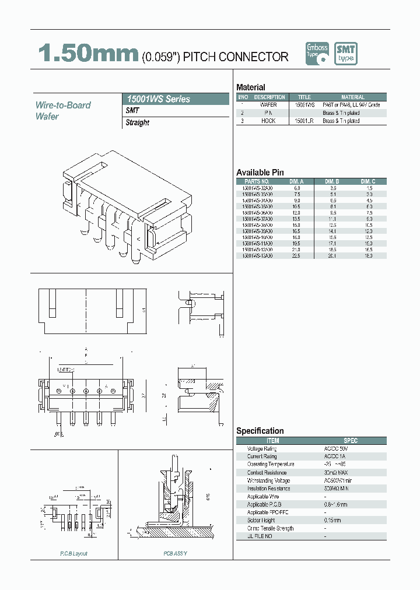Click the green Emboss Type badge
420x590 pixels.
[317, 54]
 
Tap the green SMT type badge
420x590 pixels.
[345, 54]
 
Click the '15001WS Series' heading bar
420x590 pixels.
[176, 99]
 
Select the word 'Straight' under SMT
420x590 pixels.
[138, 122]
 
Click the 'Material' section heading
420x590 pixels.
[251, 87]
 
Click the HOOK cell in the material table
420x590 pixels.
[268, 121]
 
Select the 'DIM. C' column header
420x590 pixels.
[368, 181]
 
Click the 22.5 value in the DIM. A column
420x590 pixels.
[297, 255]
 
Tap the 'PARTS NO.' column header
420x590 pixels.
[256, 181]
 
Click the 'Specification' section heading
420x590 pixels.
[260, 431]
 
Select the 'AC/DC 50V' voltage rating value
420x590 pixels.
[337, 448]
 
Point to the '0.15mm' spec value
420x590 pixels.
[332, 520]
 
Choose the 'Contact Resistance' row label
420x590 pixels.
[267, 472]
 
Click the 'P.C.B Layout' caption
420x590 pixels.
[73, 553]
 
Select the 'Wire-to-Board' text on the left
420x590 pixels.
[63, 105]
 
